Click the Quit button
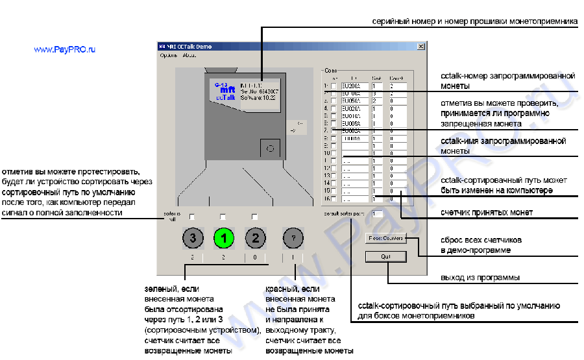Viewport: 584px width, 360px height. [x=385, y=256]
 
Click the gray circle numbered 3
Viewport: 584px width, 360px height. [x=192, y=238]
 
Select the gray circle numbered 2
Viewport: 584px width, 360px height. [x=256, y=238]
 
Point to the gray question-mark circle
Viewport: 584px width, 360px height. [x=294, y=238]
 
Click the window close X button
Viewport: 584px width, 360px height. [x=420, y=47]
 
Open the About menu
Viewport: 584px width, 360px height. [x=189, y=56]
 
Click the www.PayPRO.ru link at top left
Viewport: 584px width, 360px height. [x=64, y=49]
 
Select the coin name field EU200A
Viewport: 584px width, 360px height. [x=354, y=86]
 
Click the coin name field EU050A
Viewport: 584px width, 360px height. [x=354, y=101]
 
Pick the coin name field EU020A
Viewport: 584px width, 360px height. [x=354, y=108]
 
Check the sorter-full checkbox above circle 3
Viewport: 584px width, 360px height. [x=192, y=216]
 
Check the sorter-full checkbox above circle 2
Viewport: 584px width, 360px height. [x=255, y=216]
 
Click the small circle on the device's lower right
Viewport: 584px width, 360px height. [x=270, y=149]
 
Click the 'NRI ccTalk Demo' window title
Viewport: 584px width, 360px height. [x=189, y=47]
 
